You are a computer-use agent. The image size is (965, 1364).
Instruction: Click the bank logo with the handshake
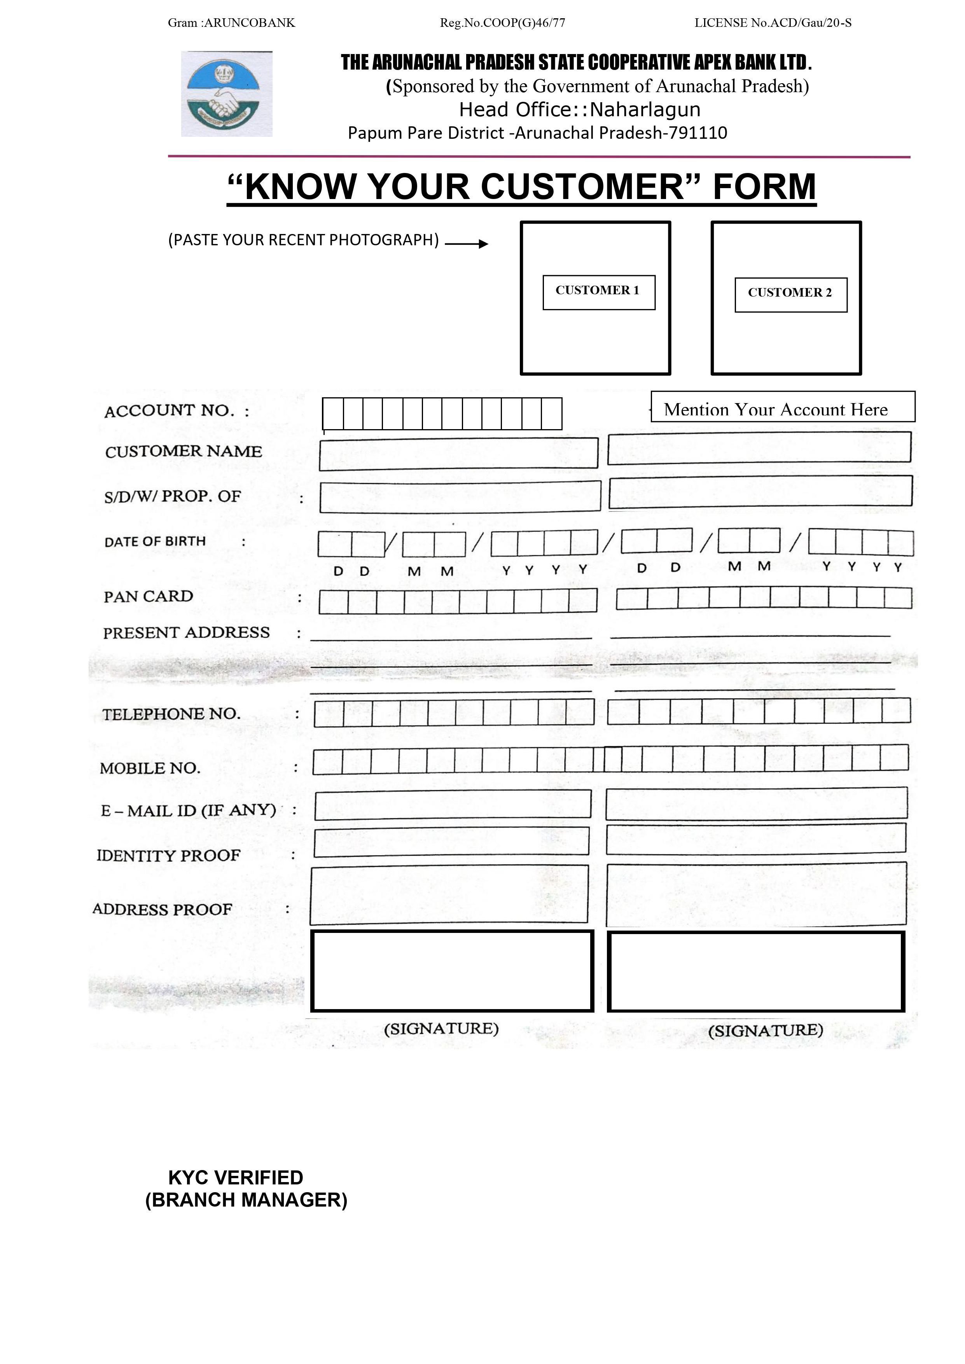(x=226, y=94)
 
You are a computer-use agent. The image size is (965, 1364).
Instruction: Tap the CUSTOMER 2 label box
(x=790, y=294)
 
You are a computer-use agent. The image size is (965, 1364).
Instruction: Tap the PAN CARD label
(x=149, y=596)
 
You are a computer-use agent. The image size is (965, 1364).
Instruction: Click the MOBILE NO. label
(x=150, y=768)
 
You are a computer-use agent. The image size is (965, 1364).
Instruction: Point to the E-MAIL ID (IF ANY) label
(x=188, y=811)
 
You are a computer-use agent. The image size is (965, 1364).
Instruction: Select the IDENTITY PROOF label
(x=169, y=856)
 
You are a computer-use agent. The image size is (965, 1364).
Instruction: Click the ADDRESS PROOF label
(x=162, y=910)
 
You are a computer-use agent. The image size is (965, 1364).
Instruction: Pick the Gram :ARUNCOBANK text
(x=231, y=23)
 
